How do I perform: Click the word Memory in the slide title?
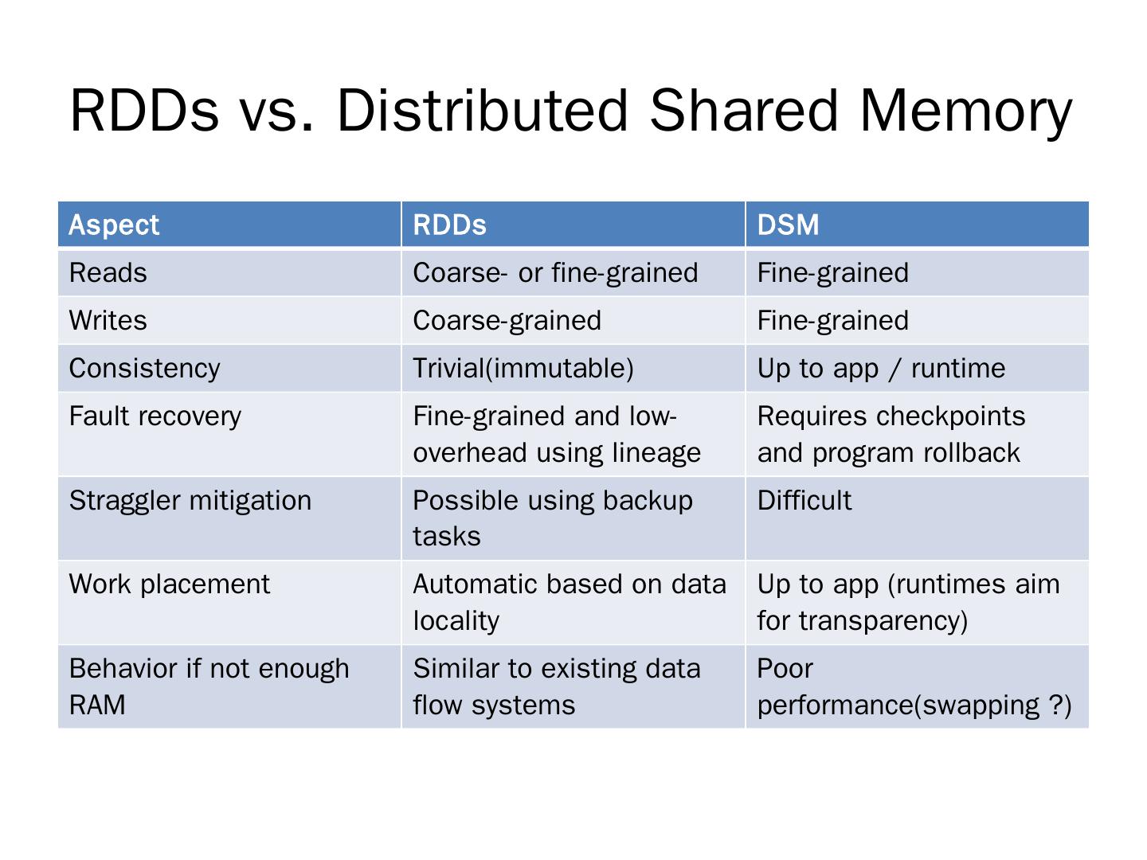pyautogui.click(x=965, y=111)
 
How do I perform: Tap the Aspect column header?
pyautogui.click(x=114, y=225)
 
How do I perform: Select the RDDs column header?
pyautogui.click(x=449, y=225)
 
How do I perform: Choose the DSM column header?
pyautogui.click(x=788, y=225)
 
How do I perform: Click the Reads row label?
pyautogui.click(x=108, y=273)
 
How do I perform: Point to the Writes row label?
pyautogui.click(x=108, y=321)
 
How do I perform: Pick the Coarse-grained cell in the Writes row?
pyautogui.click(x=507, y=321)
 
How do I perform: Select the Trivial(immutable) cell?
pyautogui.click(x=523, y=369)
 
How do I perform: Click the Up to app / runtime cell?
pyautogui.click(x=881, y=369)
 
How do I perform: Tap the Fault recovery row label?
pyautogui.click(x=155, y=416)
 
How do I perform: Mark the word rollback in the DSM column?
pyautogui.click(x=972, y=453)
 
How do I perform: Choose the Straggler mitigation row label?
pyautogui.click(x=190, y=501)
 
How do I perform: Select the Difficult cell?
pyautogui.click(x=804, y=501)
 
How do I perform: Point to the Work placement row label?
pyautogui.click(x=170, y=584)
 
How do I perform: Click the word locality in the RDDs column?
pyautogui.click(x=456, y=621)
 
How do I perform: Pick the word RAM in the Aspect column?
pyautogui.click(x=97, y=706)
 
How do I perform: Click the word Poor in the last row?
pyautogui.click(x=785, y=669)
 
